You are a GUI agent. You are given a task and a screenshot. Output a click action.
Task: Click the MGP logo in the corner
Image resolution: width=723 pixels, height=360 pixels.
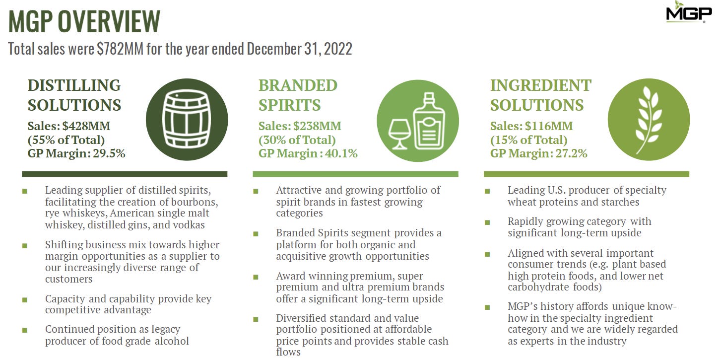coord(689,12)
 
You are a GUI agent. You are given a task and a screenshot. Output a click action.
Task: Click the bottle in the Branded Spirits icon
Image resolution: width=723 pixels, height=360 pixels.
coord(429,121)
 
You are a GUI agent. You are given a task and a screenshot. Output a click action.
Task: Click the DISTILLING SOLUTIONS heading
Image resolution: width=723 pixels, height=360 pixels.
coord(74,95)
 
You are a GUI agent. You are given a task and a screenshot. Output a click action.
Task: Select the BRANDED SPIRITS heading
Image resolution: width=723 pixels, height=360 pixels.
coord(298,95)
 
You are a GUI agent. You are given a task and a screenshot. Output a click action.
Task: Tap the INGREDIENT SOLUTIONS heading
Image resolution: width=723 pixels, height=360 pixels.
coord(540,95)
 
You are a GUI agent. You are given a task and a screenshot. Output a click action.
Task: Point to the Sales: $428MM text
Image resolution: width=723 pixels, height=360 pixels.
coord(68,126)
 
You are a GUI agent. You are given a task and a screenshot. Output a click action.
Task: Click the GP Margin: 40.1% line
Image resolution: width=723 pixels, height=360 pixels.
coord(308,153)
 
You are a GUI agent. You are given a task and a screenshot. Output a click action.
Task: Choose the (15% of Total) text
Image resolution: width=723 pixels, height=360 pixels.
coord(528,140)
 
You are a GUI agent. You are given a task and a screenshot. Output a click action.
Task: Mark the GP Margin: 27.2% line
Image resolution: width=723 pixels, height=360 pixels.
coord(538,153)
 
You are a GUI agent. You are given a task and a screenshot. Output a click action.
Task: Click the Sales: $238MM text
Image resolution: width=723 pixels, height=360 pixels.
coord(300,126)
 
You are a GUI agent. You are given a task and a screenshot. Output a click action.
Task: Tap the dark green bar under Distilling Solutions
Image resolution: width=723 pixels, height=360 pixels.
coord(125,174)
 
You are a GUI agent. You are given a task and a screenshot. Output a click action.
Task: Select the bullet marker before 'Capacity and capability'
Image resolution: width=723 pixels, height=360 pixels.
coord(24,300)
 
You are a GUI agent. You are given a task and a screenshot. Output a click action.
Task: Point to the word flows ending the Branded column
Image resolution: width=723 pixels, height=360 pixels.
coord(288,352)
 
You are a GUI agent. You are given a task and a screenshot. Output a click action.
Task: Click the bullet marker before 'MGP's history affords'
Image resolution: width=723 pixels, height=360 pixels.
coord(487,307)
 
